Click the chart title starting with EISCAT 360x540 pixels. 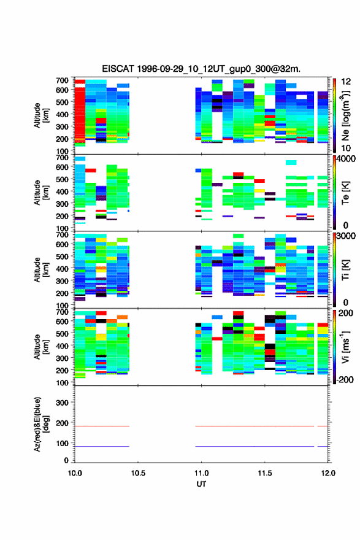(201, 69)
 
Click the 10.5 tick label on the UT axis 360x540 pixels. (138, 473)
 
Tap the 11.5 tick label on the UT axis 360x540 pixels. (265, 473)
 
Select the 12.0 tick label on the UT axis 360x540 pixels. (328, 473)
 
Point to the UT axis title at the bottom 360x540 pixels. (201, 484)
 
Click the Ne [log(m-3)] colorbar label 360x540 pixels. (345, 116)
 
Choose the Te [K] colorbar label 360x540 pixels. (345, 193)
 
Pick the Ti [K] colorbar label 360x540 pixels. (345, 270)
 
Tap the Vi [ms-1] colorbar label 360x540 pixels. (345, 347)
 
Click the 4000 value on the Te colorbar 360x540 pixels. (346, 159)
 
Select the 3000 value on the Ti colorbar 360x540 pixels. (346, 236)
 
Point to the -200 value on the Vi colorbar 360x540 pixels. (343, 379)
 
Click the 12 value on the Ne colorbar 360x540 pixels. (346, 82)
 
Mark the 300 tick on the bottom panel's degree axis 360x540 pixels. (62, 403)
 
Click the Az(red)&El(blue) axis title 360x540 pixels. (41, 424)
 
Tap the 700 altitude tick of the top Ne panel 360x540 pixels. (62, 80)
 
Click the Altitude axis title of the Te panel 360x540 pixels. (41, 193)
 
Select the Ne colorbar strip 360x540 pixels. (334, 115)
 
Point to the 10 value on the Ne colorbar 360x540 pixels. (346, 148)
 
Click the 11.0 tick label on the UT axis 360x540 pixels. (201, 473)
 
